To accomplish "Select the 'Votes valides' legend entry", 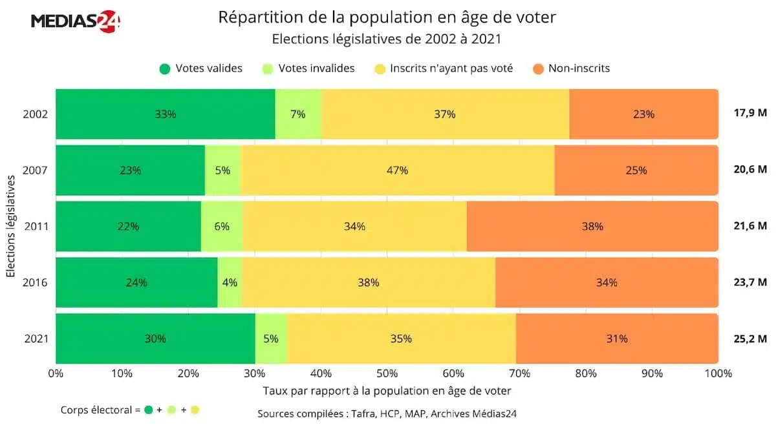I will [x=201, y=68].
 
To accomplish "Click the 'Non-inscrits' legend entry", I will [x=571, y=68].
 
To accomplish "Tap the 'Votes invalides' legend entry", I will [x=309, y=68].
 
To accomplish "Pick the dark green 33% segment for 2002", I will [x=166, y=114].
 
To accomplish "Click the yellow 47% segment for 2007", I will [x=397, y=171].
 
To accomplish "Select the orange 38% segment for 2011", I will [x=592, y=227].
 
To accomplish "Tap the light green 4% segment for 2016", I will [x=230, y=282].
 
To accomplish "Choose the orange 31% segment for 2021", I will [x=617, y=338].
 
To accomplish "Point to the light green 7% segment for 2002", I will [x=298, y=114].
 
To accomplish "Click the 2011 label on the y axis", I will [x=35, y=227].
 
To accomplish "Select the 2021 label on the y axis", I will [x=35, y=338].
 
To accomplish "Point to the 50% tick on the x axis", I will [x=387, y=373].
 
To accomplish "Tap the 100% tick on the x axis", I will [x=718, y=373].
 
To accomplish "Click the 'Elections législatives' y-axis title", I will [x=11, y=227].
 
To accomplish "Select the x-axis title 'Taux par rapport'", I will [x=387, y=391].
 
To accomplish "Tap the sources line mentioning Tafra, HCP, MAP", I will [x=387, y=413].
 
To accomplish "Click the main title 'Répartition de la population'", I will [x=387, y=17].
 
